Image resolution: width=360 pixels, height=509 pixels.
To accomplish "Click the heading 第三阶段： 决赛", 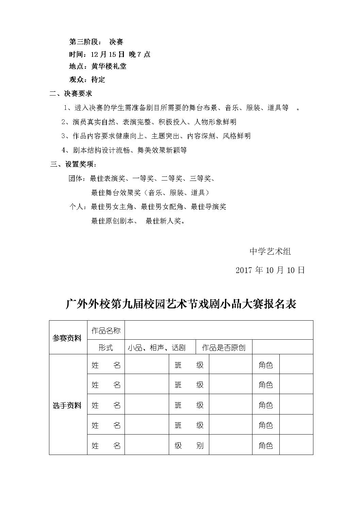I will (x=96, y=42).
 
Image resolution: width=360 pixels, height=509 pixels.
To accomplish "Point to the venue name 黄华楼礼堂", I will (x=109, y=66).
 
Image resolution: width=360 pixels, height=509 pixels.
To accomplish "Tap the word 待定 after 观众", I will (x=98, y=80).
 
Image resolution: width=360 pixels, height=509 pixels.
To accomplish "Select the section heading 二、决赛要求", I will (x=71, y=94).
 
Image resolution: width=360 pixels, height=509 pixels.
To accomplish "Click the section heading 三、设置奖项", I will (x=73, y=165).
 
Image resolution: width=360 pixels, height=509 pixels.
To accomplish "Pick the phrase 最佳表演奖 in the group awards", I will (x=107, y=179).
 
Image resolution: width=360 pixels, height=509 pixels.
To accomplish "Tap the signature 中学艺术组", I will (x=270, y=252).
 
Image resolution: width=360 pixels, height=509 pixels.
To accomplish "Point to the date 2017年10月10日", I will (x=270, y=270).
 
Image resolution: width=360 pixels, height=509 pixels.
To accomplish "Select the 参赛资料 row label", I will (x=67, y=338).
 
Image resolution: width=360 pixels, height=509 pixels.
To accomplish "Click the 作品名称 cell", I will (x=106, y=330).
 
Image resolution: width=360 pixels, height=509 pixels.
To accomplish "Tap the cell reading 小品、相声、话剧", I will (x=157, y=347).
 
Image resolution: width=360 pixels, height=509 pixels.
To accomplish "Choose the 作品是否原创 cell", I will (x=224, y=347).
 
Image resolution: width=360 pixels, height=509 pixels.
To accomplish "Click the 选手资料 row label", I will (x=67, y=405).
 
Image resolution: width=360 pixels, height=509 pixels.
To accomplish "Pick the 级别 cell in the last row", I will (x=189, y=445).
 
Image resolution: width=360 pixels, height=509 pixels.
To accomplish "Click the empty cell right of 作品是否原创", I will (x=282, y=347).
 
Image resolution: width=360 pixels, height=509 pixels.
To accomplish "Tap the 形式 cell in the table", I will (x=106, y=347).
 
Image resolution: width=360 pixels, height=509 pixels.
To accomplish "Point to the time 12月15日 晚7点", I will (x=121, y=54).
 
